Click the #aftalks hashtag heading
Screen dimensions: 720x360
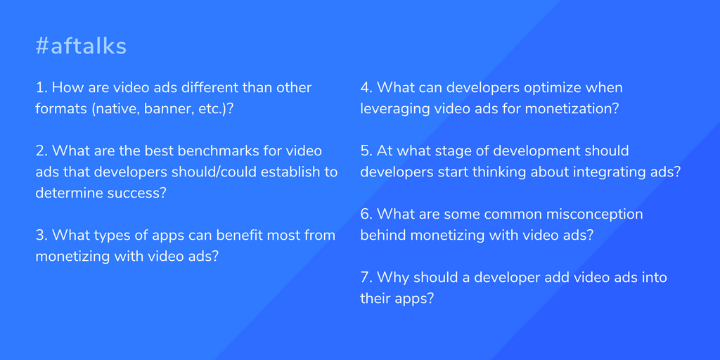81,47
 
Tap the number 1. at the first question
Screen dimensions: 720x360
41,87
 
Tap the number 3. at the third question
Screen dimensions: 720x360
41,235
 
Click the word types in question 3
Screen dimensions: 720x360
107,236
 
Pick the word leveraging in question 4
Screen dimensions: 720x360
395,109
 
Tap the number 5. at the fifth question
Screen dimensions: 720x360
366,150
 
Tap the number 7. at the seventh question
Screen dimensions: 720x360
366,277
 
